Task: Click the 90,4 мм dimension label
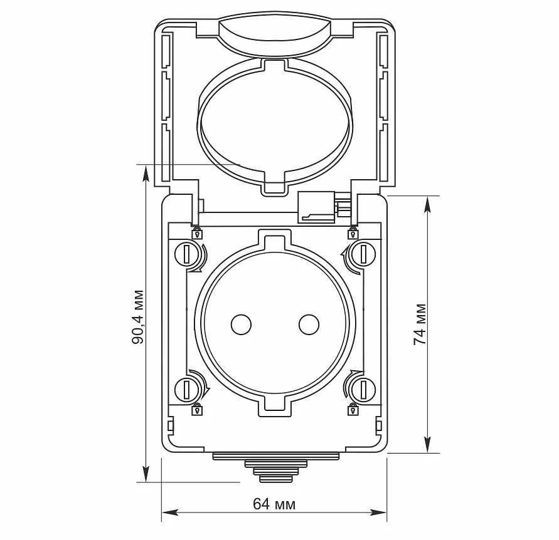138,317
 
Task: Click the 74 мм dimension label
420,325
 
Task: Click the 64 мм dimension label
274,504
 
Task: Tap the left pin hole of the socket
241,325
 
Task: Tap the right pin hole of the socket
309,325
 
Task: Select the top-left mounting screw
186,254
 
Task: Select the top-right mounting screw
363,254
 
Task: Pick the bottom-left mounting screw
186,389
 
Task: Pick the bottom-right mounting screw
363,389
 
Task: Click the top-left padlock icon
197,233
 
